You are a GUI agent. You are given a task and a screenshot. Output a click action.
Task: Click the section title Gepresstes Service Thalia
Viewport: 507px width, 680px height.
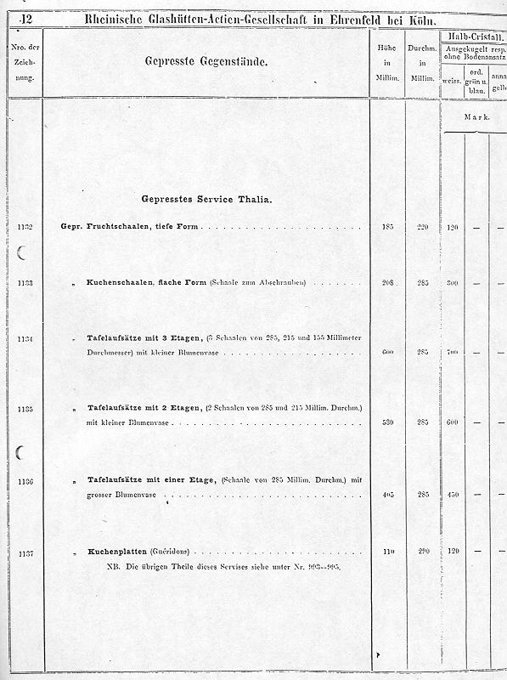click(x=207, y=200)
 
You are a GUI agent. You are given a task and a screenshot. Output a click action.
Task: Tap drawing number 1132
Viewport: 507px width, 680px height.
click(x=24, y=228)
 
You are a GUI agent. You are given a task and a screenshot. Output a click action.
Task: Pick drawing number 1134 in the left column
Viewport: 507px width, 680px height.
click(x=24, y=339)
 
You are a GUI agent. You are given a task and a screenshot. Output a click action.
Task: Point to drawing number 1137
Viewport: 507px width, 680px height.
click(x=24, y=553)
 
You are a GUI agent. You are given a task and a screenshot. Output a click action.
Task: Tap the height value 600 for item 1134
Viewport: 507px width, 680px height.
click(x=388, y=352)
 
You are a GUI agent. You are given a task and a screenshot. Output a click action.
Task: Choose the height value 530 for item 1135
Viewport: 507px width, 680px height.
click(x=388, y=422)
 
